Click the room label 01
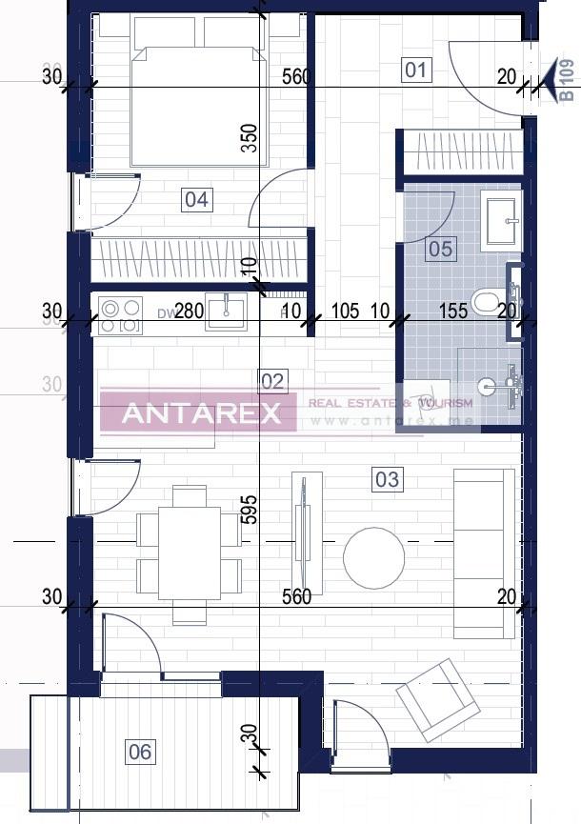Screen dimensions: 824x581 [416, 70]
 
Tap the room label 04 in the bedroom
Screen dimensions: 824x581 [196, 200]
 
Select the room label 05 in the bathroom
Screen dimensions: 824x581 [441, 249]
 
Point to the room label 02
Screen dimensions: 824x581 [272, 382]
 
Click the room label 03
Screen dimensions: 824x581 [387, 478]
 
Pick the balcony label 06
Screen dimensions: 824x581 [140, 752]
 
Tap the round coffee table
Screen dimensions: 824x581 [373, 557]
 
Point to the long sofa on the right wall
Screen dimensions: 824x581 [484, 553]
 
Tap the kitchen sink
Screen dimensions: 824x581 [227, 312]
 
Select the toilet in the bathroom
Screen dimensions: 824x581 [486, 304]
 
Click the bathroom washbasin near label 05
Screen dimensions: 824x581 [501, 221]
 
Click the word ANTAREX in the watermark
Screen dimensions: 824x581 [202, 412]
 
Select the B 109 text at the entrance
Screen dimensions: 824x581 [566, 80]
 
